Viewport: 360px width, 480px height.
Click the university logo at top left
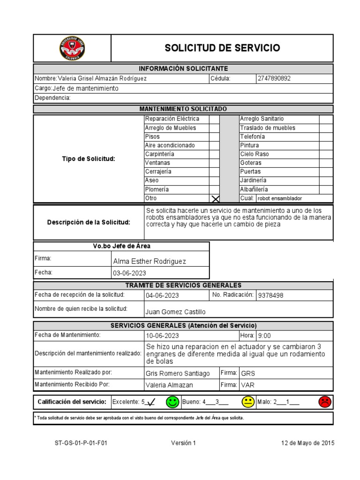point(72,48)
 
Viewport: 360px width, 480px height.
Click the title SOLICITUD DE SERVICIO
point(222,48)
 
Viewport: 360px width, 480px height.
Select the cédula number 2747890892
point(274,78)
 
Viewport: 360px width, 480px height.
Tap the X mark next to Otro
point(215,199)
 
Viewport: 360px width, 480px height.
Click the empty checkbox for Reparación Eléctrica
point(214,119)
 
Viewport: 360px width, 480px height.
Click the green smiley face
point(172,402)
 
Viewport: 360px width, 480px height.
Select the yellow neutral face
point(248,402)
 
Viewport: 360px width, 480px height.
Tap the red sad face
point(324,402)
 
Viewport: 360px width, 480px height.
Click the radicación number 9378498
point(271,295)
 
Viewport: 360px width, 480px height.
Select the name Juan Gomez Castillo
point(175,312)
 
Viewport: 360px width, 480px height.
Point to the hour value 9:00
point(264,336)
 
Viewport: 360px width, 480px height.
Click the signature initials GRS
point(248,374)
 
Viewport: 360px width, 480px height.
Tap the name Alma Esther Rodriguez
point(150,261)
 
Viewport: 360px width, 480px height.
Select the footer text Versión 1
point(183,443)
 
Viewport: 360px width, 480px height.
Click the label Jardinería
point(253,180)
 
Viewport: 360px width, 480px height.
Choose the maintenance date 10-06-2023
point(162,336)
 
